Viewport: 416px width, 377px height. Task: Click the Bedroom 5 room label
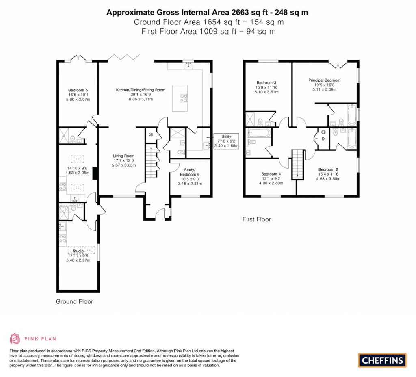pyautogui.click(x=78, y=90)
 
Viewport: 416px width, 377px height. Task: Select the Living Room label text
pyautogui.click(x=123, y=156)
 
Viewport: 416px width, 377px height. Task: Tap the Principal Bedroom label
pyautogui.click(x=324, y=80)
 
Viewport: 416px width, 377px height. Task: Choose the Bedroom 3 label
pyautogui.click(x=266, y=83)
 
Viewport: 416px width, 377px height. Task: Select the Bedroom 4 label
pyautogui.click(x=271, y=174)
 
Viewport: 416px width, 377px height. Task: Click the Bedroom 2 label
pyautogui.click(x=328, y=169)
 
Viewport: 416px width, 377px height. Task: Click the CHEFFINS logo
pyautogui.click(x=382, y=360)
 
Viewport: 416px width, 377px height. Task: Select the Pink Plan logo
pyautogui.click(x=33, y=338)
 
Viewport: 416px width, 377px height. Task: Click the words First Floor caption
pyautogui.click(x=256, y=219)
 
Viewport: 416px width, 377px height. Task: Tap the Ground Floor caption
pyautogui.click(x=74, y=301)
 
